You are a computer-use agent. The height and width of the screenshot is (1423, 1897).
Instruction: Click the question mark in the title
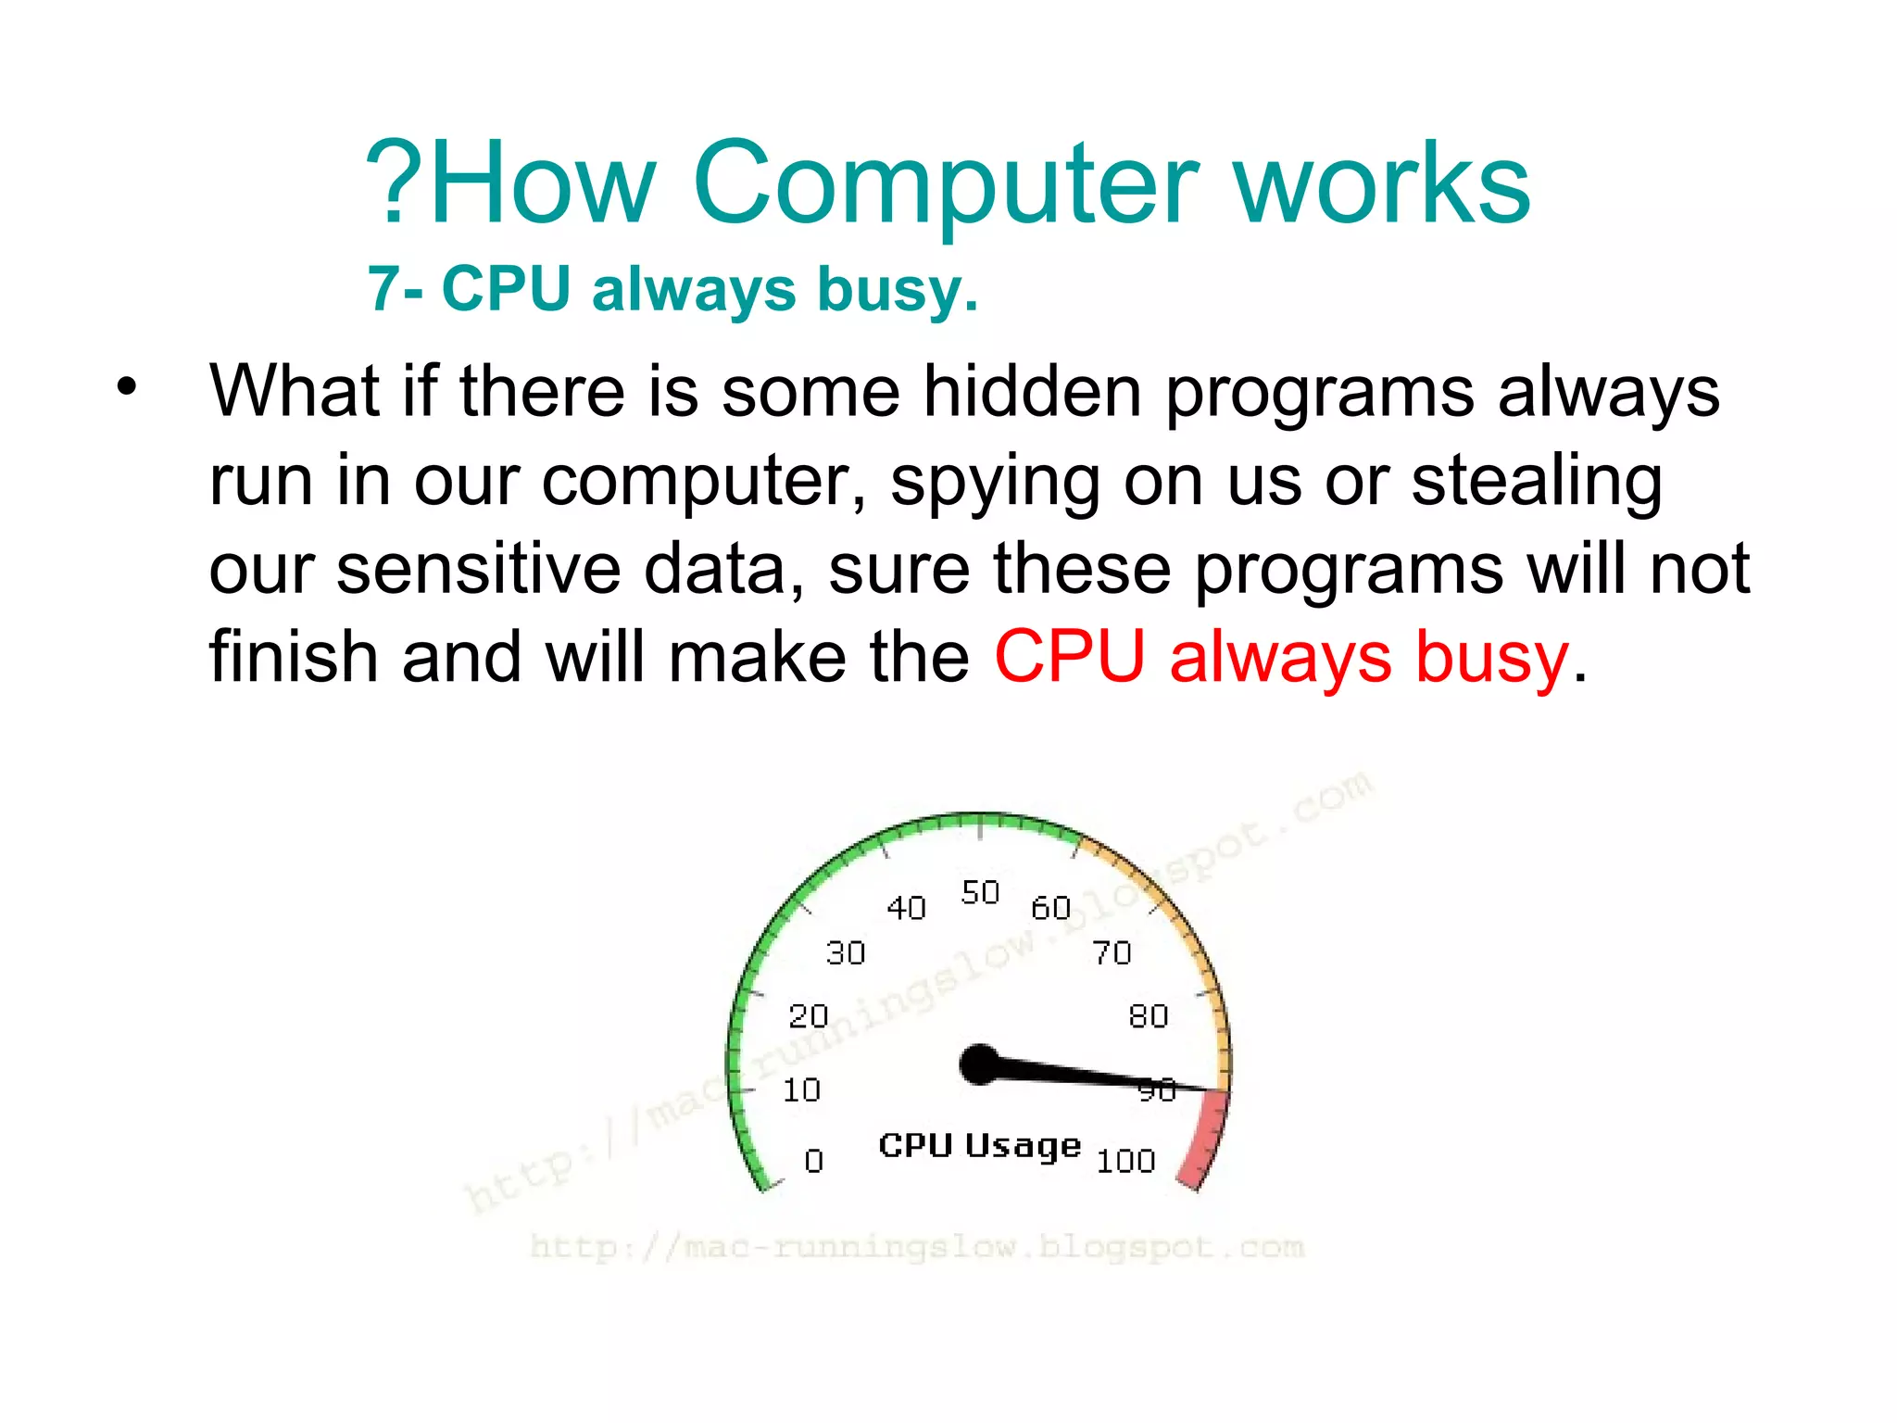[393, 183]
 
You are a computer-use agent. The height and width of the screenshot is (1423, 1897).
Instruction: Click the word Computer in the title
[945, 185]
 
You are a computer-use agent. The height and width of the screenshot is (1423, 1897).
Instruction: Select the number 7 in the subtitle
[383, 289]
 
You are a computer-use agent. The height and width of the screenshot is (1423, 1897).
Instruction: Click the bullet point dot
[127, 387]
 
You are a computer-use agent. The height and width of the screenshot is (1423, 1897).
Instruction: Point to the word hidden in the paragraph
[1032, 391]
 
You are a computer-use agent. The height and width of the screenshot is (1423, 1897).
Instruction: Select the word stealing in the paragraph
[1536, 482]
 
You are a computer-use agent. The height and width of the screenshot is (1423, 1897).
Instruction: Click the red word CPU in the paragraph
[1069, 657]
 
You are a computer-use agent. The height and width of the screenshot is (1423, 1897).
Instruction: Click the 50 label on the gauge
[980, 892]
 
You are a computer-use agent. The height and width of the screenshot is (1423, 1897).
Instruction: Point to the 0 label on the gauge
[813, 1160]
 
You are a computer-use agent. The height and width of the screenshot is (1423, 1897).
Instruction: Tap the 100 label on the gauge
[1125, 1161]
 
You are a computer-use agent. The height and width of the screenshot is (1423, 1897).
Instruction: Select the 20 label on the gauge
[808, 1016]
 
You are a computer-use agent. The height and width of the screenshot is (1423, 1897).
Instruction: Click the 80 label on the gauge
[1148, 1016]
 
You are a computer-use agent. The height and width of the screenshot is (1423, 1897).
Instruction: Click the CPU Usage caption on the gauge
[979, 1146]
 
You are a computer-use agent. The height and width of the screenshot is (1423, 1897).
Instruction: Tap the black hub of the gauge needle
[980, 1064]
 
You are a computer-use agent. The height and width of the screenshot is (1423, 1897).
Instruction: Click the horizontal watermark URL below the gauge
[917, 1247]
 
